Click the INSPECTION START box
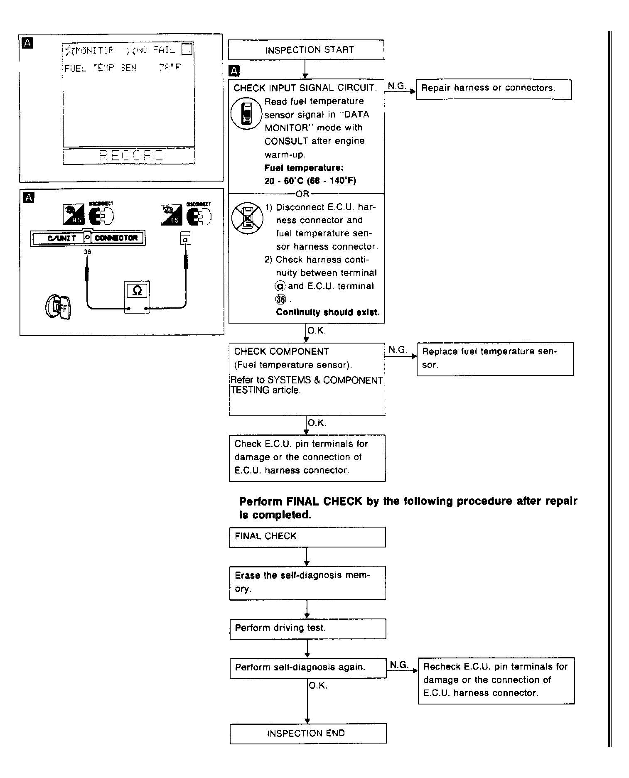click(306, 50)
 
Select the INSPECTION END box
click(308, 733)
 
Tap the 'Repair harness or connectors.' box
click(494, 89)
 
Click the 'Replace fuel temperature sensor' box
click(495, 359)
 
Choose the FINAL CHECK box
click(307, 537)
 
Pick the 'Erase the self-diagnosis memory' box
click(307, 582)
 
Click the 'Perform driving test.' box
click(307, 629)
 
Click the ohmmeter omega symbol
click(137, 291)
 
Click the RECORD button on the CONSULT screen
click(129, 156)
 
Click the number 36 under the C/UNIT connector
click(87, 252)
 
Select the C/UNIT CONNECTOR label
click(88, 238)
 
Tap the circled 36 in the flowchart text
click(281, 299)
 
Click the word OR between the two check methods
click(302, 194)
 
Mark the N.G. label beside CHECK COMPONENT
click(398, 350)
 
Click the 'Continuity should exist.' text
click(327, 312)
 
